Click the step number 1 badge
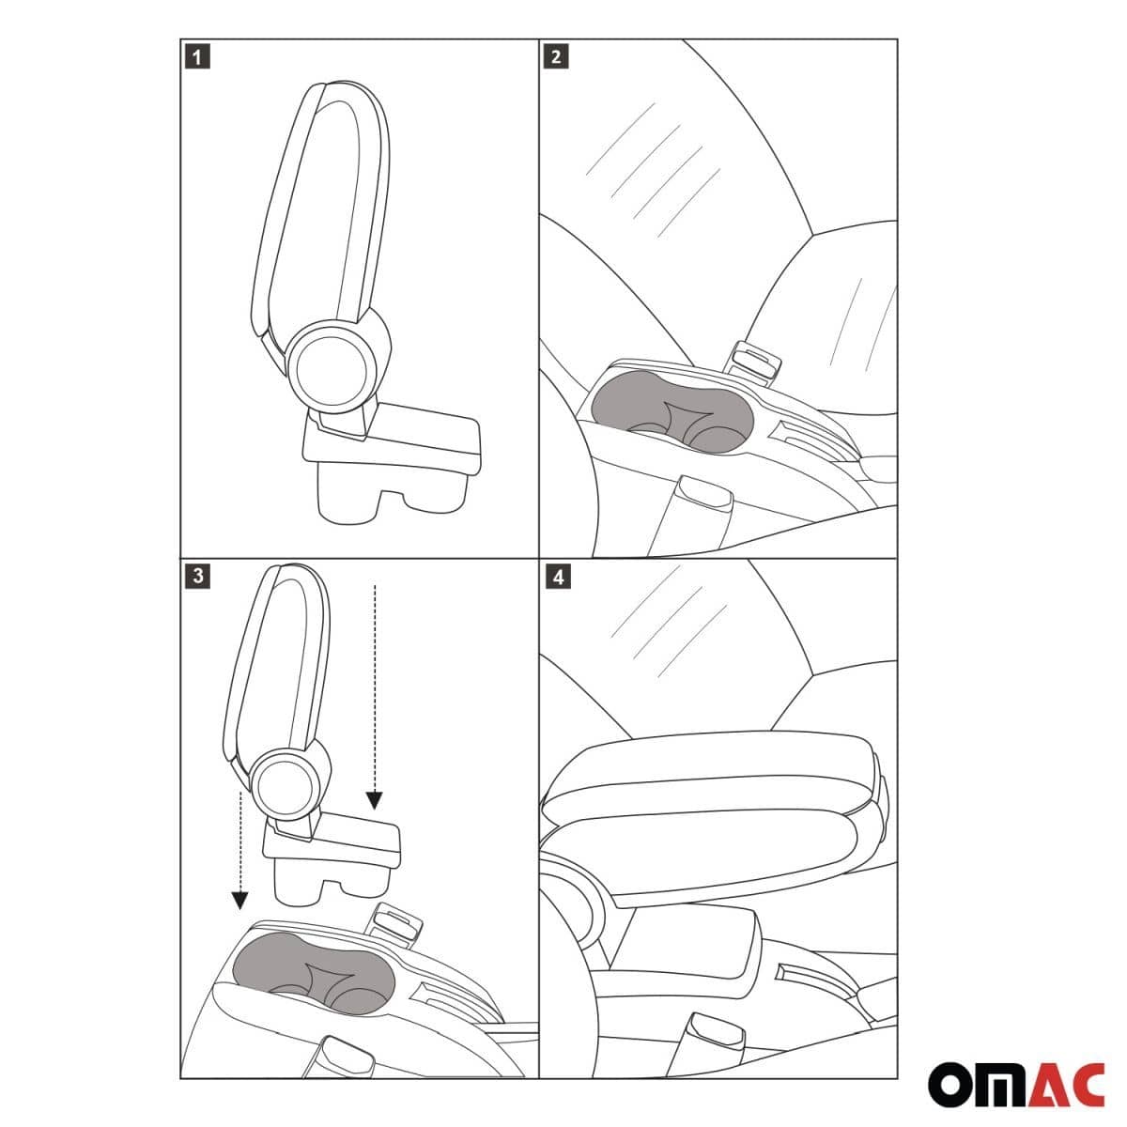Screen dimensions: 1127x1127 click(197, 57)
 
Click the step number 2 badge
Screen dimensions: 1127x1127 click(556, 57)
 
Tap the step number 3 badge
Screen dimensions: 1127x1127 click(197, 576)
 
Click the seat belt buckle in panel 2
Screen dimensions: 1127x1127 click(757, 362)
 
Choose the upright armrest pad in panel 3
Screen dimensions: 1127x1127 click(277, 657)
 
